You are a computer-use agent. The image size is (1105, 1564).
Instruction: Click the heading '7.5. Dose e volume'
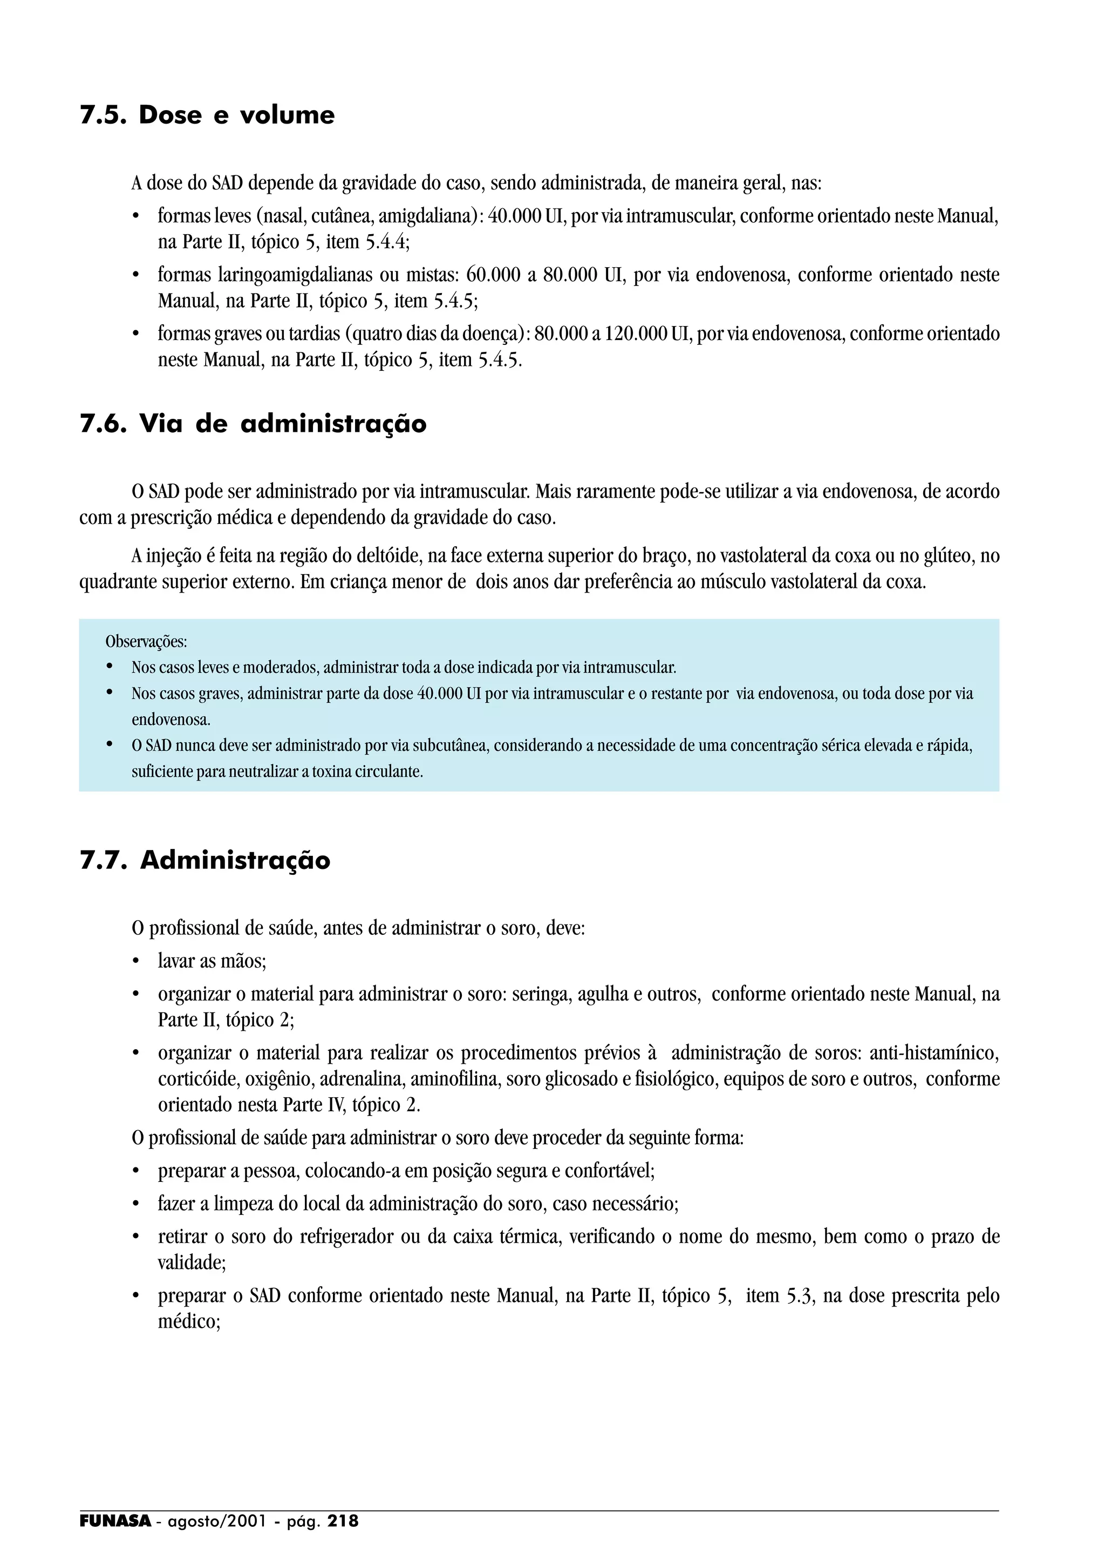coord(207,115)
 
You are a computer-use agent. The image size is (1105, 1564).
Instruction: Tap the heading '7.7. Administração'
coord(205,860)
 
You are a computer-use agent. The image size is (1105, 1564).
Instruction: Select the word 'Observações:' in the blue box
coord(146,642)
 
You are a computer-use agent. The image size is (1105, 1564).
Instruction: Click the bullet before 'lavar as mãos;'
coord(136,962)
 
